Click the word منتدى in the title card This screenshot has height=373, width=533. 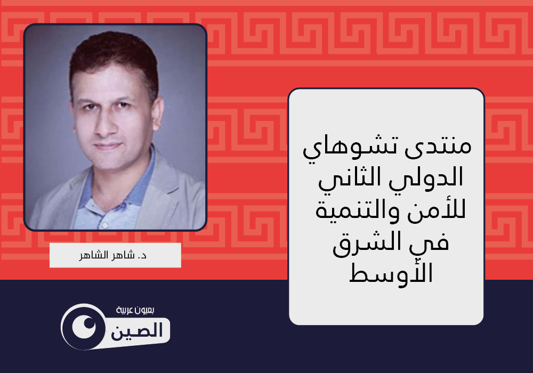(x=438, y=147)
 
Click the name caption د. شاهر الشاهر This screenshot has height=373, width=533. (x=113, y=255)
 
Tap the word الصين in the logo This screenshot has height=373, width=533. (x=137, y=330)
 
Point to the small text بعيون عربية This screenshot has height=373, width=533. (x=135, y=310)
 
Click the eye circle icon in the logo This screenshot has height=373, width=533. (x=84, y=327)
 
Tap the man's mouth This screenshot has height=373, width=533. (x=108, y=146)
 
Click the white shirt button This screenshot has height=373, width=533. (x=105, y=225)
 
